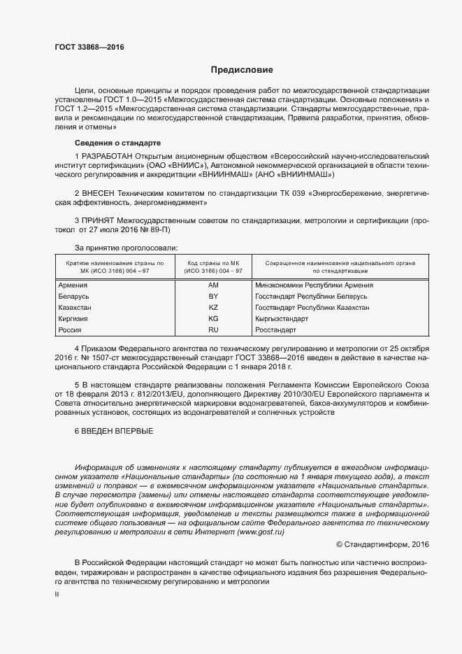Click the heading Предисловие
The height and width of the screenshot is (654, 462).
point(242,70)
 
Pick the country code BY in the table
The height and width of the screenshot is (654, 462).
point(213,297)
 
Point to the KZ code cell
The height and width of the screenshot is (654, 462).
point(213,308)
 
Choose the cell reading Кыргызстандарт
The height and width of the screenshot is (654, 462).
point(280,319)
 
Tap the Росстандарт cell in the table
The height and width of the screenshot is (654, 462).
point(275,329)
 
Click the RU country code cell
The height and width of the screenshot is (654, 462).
point(213,329)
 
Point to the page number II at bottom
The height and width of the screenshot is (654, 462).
point(57,594)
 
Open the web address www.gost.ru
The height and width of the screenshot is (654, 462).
point(261,532)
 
